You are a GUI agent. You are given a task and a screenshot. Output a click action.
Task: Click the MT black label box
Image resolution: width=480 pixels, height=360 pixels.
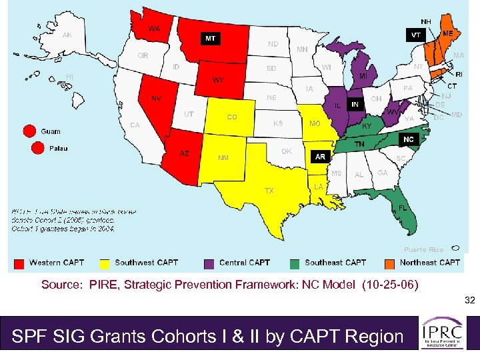[210, 39]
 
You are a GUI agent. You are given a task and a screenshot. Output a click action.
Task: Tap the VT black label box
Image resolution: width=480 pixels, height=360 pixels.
[415, 34]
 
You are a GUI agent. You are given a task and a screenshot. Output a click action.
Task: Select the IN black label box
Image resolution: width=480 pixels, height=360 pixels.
[355, 105]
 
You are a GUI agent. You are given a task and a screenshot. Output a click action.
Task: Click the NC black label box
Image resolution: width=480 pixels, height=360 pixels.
[409, 139]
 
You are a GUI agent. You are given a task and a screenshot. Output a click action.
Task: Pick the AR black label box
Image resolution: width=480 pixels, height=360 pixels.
[320, 157]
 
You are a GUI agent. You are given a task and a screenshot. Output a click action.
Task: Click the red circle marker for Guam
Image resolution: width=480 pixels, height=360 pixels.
[30, 131]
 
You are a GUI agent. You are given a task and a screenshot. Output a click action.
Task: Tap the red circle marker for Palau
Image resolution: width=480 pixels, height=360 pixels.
[30, 148]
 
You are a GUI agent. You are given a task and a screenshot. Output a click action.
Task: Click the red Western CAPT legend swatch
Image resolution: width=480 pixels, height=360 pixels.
[19, 263]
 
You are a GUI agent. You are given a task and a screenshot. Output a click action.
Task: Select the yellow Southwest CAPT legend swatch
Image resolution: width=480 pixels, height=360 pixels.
[105, 263]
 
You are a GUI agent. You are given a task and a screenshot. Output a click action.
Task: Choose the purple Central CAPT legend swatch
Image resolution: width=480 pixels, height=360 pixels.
[209, 263]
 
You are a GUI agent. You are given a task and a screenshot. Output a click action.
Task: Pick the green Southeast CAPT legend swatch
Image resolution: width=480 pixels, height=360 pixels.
[294, 263]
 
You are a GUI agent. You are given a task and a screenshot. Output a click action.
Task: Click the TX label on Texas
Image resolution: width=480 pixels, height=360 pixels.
[269, 191]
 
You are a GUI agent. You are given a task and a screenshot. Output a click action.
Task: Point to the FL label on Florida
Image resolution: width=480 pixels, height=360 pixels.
[403, 208]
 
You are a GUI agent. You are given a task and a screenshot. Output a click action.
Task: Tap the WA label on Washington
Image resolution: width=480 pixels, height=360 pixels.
[154, 29]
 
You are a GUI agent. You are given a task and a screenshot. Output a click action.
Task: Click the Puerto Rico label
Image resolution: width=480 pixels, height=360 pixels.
[423, 250]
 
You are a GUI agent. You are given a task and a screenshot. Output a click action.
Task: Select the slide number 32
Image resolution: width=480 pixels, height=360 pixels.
[469, 301]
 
